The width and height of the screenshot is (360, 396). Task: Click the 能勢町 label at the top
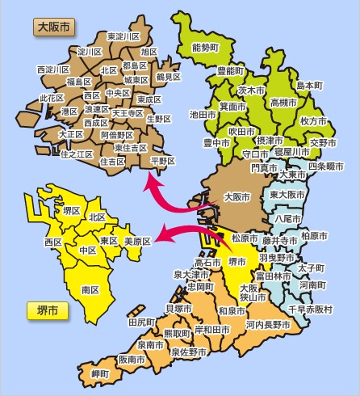(206, 48)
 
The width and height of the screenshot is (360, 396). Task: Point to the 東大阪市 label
(287, 196)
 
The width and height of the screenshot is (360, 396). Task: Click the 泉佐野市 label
(189, 352)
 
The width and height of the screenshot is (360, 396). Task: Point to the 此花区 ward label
(52, 98)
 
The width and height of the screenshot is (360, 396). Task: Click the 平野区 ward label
(162, 161)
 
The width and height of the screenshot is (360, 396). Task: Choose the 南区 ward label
(90, 289)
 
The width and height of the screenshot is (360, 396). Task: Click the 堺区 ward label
(71, 210)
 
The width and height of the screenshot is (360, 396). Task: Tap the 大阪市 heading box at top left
(54, 27)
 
